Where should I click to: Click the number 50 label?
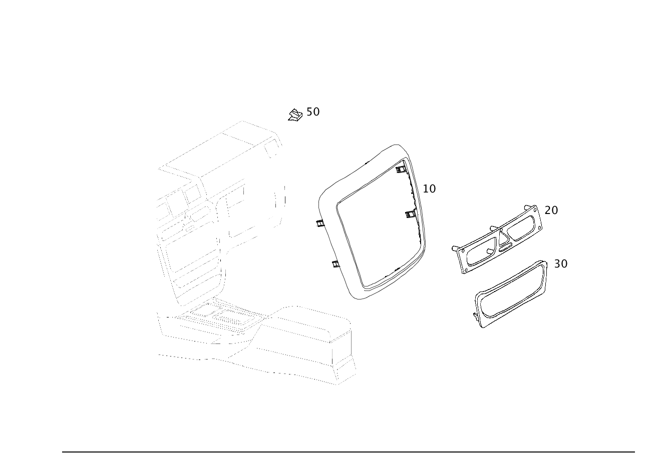(312, 111)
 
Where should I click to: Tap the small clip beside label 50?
(295, 116)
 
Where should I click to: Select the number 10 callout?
(429, 188)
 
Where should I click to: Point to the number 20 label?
(551, 210)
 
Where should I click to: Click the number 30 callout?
(561, 263)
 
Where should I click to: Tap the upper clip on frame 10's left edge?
(318, 223)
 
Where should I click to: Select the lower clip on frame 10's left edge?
(336, 263)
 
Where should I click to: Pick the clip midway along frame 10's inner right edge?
(411, 214)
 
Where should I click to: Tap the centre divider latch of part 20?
(500, 239)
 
